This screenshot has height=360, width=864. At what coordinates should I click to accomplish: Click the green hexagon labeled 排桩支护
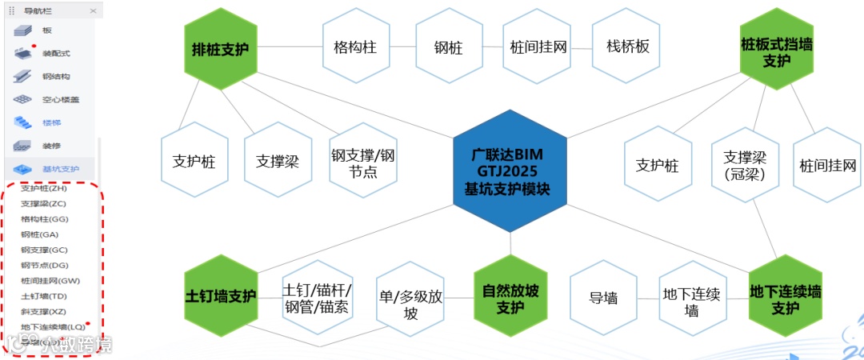[x=220, y=48]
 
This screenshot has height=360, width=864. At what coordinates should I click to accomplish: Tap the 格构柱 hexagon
[x=355, y=47]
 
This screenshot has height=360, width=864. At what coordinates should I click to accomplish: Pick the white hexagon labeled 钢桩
[x=448, y=47]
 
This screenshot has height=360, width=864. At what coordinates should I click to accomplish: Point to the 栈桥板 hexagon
[x=628, y=47]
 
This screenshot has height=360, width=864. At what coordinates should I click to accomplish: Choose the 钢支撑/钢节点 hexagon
[x=364, y=162]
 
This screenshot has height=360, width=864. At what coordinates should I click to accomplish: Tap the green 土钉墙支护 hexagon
[x=220, y=296]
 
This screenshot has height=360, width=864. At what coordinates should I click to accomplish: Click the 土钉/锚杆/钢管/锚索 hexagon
[x=317, y=298]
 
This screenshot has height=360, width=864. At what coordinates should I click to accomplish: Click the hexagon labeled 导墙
[x=603, y=298]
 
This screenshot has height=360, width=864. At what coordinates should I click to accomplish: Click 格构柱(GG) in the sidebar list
[x=45, y=219]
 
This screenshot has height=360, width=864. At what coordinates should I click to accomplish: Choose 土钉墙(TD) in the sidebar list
[x=44, y=296]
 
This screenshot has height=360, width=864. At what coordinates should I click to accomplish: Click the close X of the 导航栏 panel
[x=93, y=11]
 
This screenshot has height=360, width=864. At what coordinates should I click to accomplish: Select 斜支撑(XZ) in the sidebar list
[x=44, y=311]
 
